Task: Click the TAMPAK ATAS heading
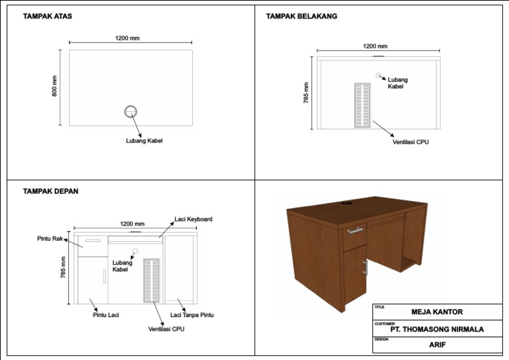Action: point(48,16)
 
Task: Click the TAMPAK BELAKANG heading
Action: point(302,16)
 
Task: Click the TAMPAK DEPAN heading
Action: point(50,191)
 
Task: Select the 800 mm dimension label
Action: point(54,86)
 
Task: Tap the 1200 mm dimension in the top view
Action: point(127,38)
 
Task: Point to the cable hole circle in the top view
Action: point(131,111)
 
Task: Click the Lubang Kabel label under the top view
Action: point(144,141)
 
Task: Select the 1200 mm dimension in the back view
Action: point(375,46)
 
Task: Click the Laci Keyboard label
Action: point(193,219)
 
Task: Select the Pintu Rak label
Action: point(49,238)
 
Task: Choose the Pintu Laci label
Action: point(105,315)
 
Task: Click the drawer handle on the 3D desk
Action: point(356,231)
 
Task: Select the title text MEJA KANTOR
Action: point(437,312)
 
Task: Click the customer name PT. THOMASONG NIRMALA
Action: point(437,329)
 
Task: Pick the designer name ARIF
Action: point(437,345)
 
